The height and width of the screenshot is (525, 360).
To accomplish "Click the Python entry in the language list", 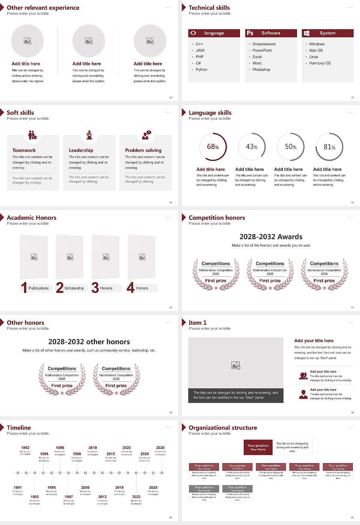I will click(201, 70).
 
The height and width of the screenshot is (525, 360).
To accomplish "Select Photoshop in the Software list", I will click(261, 70).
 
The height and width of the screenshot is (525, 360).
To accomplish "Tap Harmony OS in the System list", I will click(320, 63).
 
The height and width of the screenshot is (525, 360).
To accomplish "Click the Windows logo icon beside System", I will click(306, 33).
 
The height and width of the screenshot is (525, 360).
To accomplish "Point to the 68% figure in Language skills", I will click(213, 147).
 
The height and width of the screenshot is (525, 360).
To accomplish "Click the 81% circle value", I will click(329, 147).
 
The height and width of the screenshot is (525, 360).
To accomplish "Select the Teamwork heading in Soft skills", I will click(24, 150).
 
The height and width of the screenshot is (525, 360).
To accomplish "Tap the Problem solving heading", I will click(143, 150).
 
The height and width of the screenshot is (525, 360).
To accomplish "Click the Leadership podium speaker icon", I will click(89, 135).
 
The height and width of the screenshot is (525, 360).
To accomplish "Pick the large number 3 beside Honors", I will click(95, 288).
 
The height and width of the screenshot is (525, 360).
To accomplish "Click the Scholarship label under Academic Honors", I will click(74, 288).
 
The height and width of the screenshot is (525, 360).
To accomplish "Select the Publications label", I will click(39, 288).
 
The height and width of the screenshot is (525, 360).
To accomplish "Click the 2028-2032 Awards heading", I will click(271, 237).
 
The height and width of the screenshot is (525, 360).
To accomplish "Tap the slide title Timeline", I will click(19, 428).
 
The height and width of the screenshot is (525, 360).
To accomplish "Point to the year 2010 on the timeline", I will click(93, 448).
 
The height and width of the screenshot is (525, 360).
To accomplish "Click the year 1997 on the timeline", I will click(69, 497).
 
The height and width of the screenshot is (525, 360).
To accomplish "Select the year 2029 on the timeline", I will click(160, 448).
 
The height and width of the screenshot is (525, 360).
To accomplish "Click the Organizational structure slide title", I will click(223, 428).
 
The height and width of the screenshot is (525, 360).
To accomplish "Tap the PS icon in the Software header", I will click(250, 33).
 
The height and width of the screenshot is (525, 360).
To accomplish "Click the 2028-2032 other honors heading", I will click(89, 342).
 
